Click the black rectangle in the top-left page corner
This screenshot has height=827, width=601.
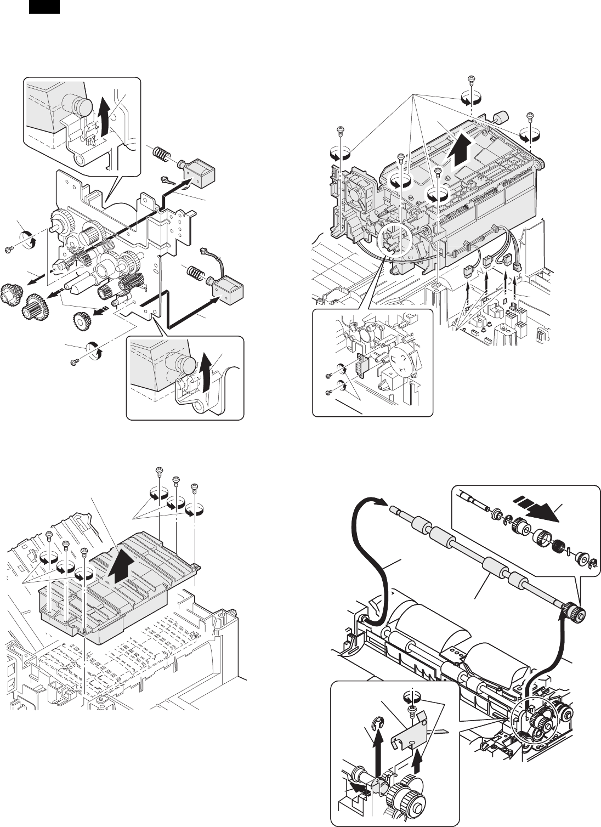point(43,7)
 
